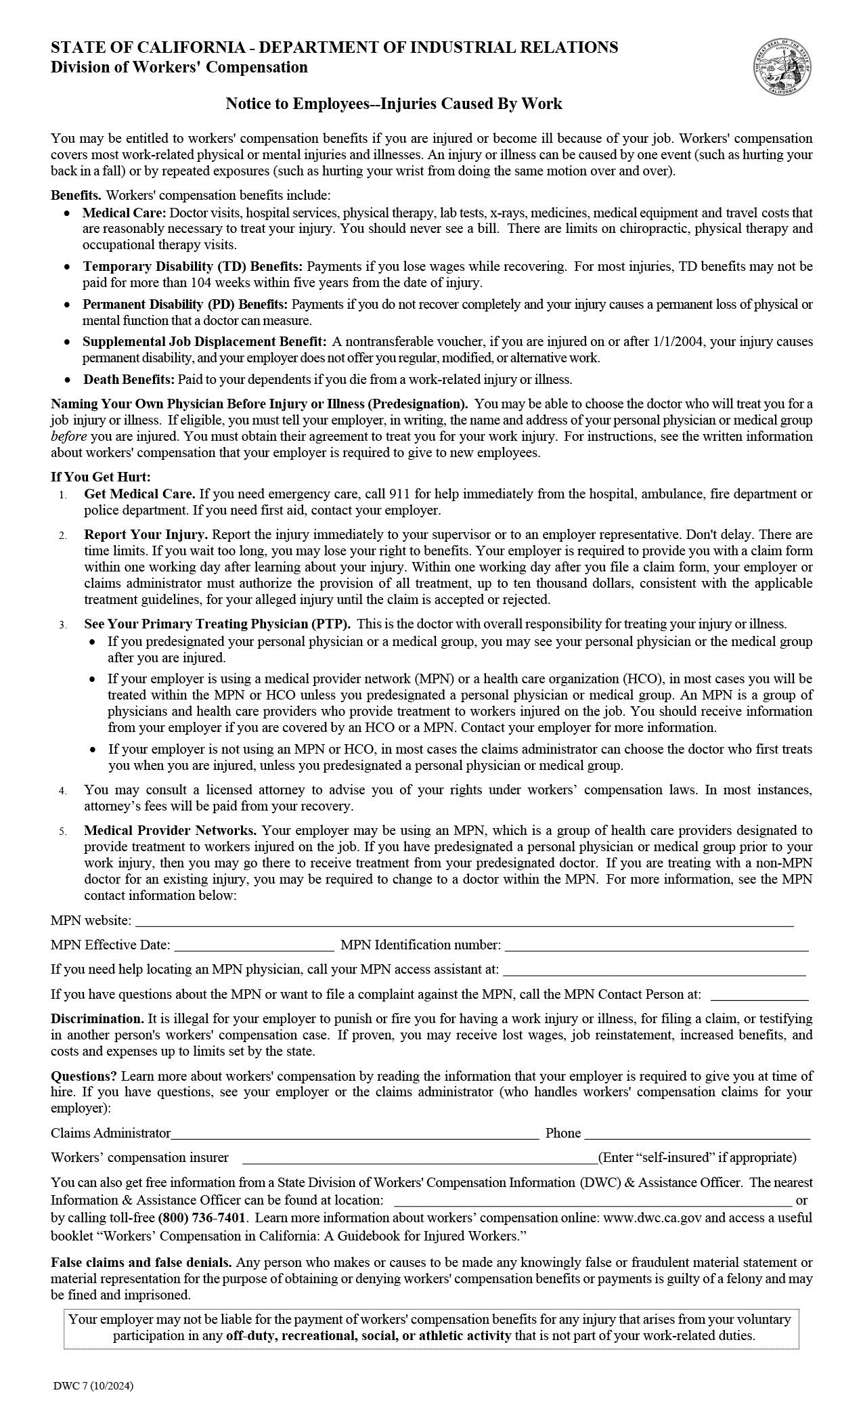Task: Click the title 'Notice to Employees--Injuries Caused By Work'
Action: pyautogui.click(x=394, y=104)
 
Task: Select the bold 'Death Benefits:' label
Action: pyautogui.click(x=129, y=379)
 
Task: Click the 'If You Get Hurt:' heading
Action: pyautogui.click(x=101, y=477)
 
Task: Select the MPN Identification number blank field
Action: pyautogui.click(x=656, y=947)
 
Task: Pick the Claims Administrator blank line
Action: pyautogui.click(x=355, y=1135)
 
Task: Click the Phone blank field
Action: pyautogui.click(x=697, y=1135)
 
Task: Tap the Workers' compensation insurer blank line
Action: pyautogui.click(x=420, y=1159)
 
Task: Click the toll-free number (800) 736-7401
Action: pyautogui.click(x=202, y=1218)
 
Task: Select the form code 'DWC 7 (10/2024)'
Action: pyautogui.click(x=93, y=1386)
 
